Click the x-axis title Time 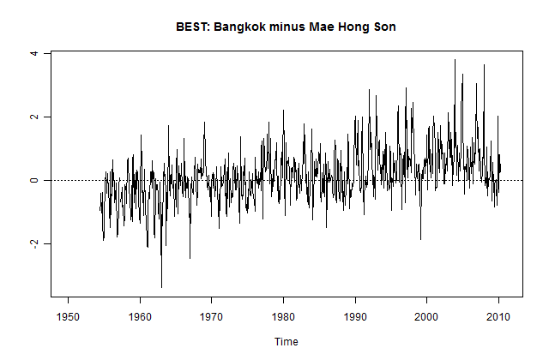[287, 341]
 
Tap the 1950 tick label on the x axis [69, 315]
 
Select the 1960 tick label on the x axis [140, 315]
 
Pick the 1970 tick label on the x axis [212, 315]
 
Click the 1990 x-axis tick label [355, 315]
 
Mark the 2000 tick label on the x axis [427, 315]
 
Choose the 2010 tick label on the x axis [498, 315]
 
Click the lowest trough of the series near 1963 [161, 287]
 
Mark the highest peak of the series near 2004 [455, 60]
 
